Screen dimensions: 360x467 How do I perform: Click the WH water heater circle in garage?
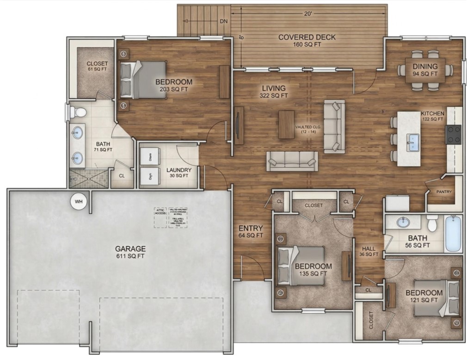point(79,201)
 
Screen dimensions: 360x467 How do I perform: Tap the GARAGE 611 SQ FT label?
point(130,252)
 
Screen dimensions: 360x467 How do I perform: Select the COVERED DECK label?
point(307,41)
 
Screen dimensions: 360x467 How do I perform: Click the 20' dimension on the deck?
point(308,14)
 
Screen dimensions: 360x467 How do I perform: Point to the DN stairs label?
point(223,21)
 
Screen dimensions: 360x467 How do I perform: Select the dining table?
point(425,70)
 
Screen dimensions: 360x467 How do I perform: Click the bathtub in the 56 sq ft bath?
point(453,234)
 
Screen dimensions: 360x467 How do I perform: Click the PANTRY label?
point(443,192)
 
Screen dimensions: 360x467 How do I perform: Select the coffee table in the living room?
point(286,124)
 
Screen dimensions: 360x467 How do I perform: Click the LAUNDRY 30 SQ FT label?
point(178,173)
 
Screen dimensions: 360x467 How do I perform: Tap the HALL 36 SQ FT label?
point(369,251)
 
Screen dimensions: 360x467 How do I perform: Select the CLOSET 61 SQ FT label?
point(97,67)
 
